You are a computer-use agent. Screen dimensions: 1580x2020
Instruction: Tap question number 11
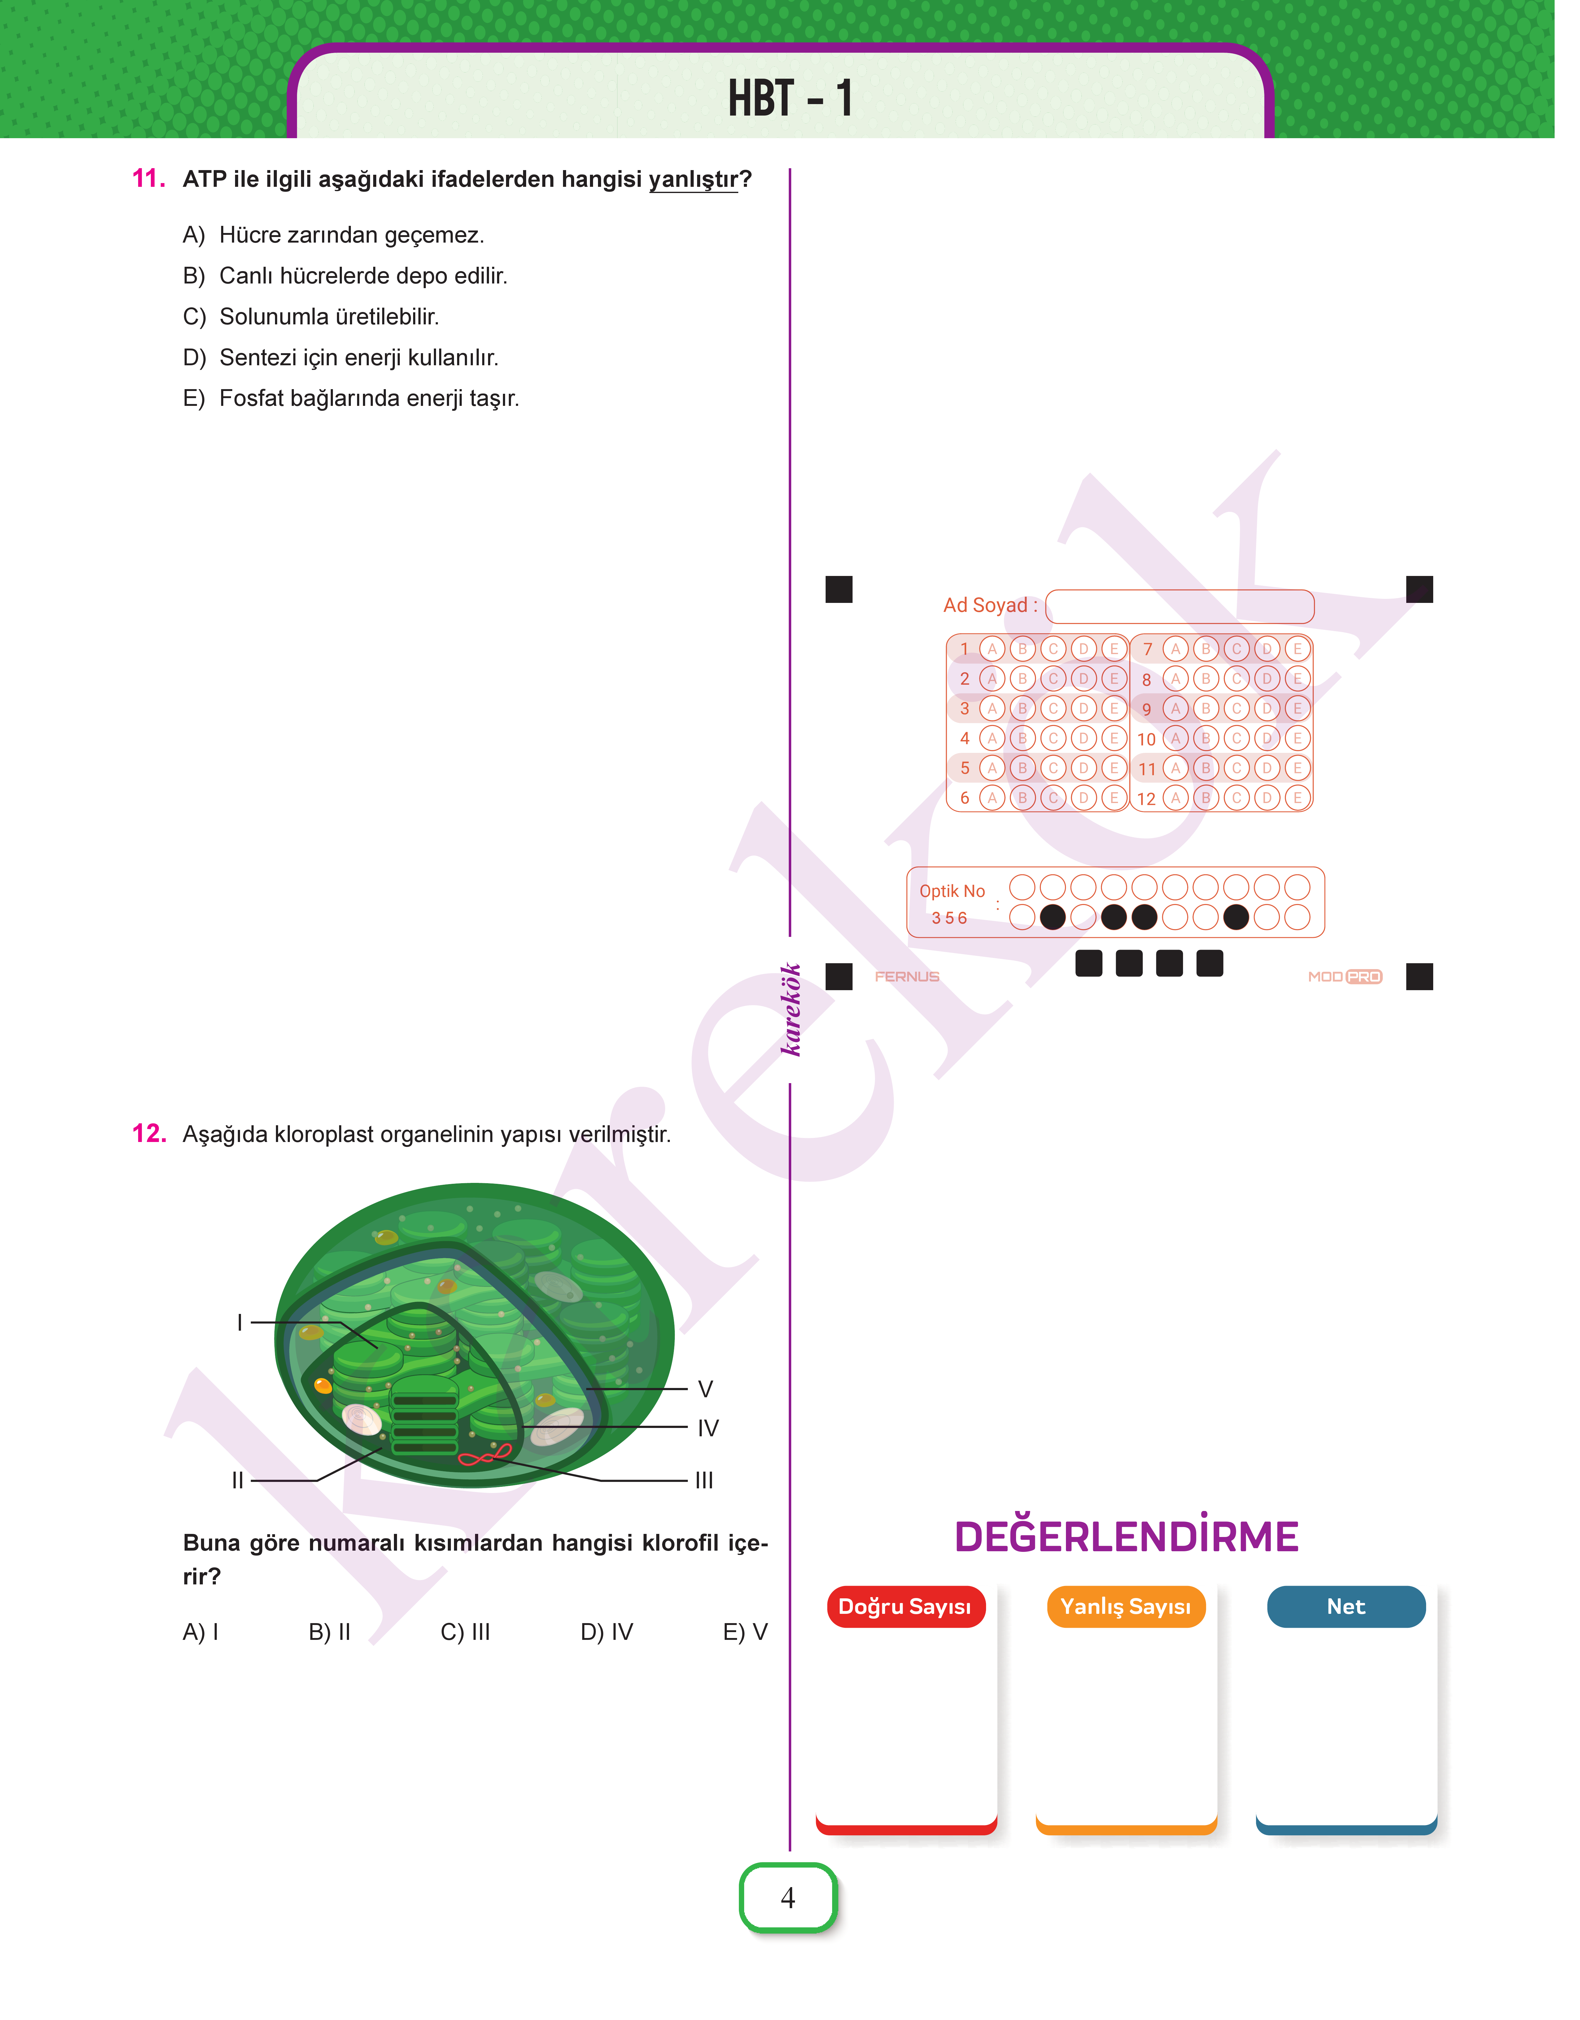(x=149, y=178)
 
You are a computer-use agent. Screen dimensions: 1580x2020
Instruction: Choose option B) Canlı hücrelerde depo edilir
(x=345, y=276)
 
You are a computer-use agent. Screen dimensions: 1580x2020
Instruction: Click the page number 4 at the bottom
(x=788, y=1898)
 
